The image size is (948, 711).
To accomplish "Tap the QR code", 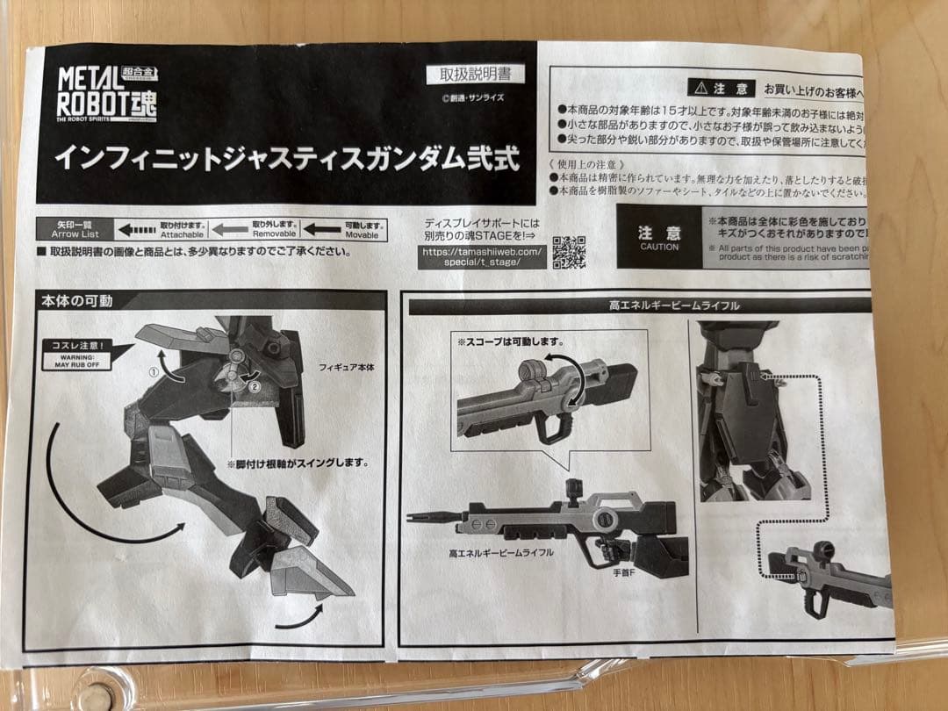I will [x=569, y=251].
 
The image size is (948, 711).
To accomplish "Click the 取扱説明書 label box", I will [x=475, y=75].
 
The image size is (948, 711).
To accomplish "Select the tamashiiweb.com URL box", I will [x=483, y=256].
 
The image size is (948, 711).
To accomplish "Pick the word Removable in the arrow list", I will [x=274, y=234].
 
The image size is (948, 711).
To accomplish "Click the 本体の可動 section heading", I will [x=77, y=300].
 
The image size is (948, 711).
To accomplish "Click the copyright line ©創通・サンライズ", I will [x=473, y=98].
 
